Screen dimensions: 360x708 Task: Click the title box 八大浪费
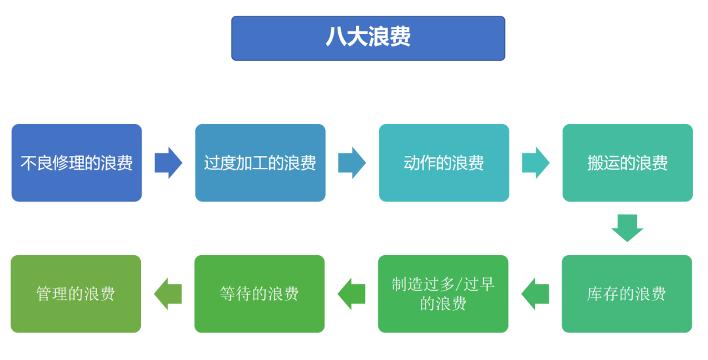[368, 38]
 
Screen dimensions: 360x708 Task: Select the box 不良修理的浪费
[77, 163]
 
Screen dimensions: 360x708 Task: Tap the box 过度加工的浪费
[260, 163]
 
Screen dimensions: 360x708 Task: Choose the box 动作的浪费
[444, 163]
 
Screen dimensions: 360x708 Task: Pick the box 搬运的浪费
[627, 163]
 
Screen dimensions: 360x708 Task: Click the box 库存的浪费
[627, 294]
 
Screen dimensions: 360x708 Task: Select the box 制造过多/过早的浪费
[443, 294]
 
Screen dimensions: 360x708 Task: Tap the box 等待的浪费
[260, 294]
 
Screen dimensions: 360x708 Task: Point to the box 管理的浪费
[76, 294]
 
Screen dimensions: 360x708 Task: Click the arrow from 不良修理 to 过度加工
[168, 163]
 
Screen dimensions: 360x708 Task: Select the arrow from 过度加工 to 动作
[352, 163]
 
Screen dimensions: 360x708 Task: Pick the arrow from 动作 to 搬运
[536, 163]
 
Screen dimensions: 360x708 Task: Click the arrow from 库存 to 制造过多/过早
[535, 294]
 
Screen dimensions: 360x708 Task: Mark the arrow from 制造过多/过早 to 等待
[351, 294]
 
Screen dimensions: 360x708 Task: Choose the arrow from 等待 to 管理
[168, 294]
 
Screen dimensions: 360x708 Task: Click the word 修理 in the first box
[68, 163]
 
